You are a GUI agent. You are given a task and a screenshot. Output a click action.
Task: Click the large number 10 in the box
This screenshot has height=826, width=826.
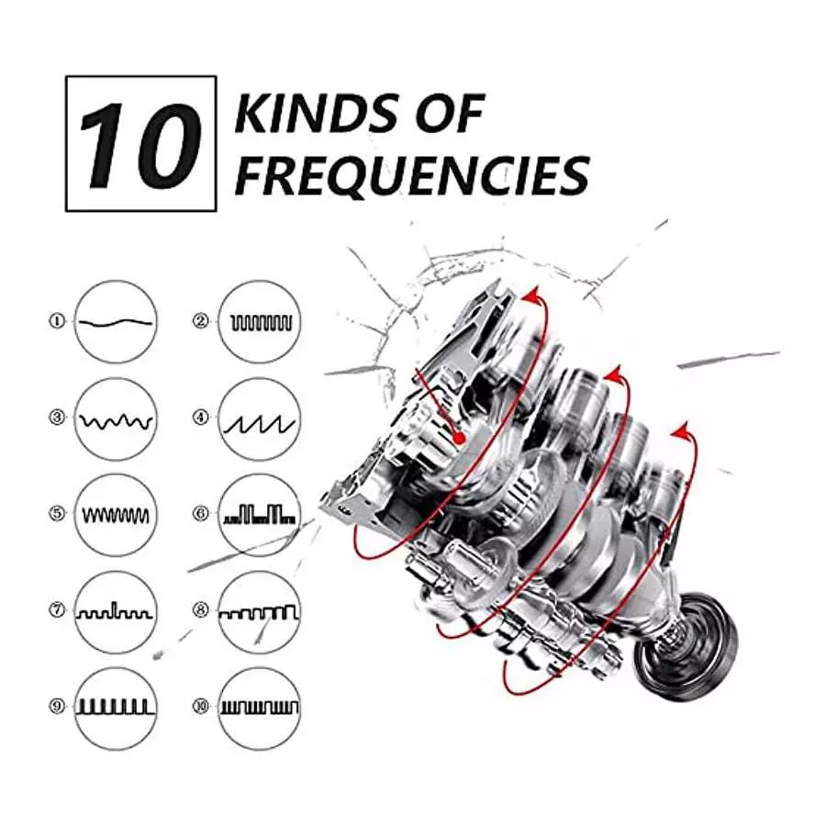tap(140, 145)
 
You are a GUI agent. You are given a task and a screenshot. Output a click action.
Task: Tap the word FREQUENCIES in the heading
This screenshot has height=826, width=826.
tap(411, 175)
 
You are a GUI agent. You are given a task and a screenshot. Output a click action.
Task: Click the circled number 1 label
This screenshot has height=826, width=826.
tap(56, 321)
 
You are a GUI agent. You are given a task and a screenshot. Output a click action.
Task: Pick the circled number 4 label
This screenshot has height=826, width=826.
tap(201, 418)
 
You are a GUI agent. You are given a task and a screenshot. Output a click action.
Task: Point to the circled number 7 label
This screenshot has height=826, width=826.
tap(56, 610)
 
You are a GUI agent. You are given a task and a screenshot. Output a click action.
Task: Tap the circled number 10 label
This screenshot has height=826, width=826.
tap(201, 707)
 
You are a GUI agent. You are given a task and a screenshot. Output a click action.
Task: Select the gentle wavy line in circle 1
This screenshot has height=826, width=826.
tap(116, 322)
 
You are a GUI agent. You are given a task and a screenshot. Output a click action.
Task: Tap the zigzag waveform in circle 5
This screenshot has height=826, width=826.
tap(116, 516)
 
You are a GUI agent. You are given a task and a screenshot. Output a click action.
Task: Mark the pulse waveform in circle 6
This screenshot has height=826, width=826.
tap(260, 514)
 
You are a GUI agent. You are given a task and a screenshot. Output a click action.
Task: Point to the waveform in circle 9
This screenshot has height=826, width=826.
tap(116, 707)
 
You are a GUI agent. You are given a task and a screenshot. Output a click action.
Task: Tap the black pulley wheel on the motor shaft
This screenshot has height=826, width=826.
tap(685, 647)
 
